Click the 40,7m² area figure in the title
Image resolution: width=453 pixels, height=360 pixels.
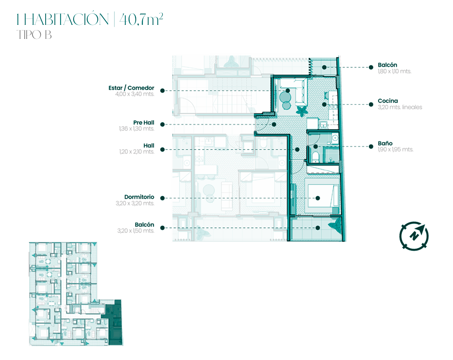(141, 19)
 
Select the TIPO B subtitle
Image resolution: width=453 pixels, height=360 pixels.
(34, 35)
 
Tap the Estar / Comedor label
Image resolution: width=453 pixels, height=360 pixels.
(131, 88)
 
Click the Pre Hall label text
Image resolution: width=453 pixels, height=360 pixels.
(143, 123)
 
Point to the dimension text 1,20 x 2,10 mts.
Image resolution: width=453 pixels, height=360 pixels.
(137, 152)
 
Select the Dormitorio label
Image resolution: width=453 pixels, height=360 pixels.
(139, 197)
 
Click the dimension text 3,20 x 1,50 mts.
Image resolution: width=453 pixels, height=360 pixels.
(135, 231)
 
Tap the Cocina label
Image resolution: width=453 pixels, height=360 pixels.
(388, 101)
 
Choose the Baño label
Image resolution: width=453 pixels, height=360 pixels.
(385, 144)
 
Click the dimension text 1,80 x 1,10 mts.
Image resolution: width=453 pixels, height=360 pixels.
(395, 71)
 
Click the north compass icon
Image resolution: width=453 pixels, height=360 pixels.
(414, 236)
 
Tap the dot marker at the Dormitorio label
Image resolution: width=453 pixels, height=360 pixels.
(162, 198)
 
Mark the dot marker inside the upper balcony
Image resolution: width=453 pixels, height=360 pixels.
(324, 67)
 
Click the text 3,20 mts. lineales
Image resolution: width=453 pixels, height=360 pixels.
(400, 107)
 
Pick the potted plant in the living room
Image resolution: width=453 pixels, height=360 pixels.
(301, 111)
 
